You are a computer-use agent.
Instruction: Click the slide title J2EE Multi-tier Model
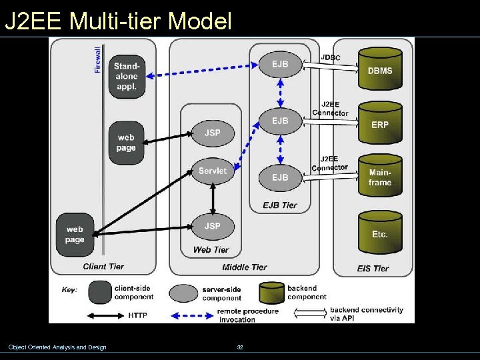coord(118,21)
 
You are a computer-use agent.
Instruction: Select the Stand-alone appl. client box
coord(126,76)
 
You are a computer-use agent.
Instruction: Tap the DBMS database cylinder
coord(380,69)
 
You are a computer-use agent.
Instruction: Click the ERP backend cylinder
coord(380,123)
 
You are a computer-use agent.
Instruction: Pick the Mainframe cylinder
coord(380,177)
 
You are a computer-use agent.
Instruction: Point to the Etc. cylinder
coord(380,233)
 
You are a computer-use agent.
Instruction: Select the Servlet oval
coord(213,171)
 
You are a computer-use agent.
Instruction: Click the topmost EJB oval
coord(280,64)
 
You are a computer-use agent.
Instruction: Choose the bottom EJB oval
coord(280,177)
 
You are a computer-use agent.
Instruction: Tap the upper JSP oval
coord(212,133)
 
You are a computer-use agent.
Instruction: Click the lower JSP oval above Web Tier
coord(212,226)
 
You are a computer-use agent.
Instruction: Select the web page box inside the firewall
coord(126,142)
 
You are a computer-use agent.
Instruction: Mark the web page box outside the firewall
coord(75,235)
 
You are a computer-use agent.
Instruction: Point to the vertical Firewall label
coord(98,59)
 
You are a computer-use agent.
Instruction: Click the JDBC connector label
coord(330,58)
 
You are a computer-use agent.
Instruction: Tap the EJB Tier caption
coord(280,205)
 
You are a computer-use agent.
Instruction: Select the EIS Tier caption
coord(372,268)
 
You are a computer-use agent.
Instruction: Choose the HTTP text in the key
coord(139,315)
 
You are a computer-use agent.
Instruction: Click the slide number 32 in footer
coord(240,347)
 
